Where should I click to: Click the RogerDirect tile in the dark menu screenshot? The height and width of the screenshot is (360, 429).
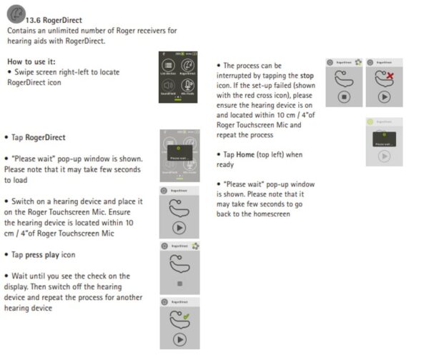click(189, 67)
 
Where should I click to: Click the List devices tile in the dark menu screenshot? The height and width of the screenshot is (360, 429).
click(169, 67)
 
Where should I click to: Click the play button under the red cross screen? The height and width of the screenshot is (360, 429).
click(385, 96)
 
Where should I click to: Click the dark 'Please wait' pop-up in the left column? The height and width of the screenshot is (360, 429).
click(179, 158)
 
